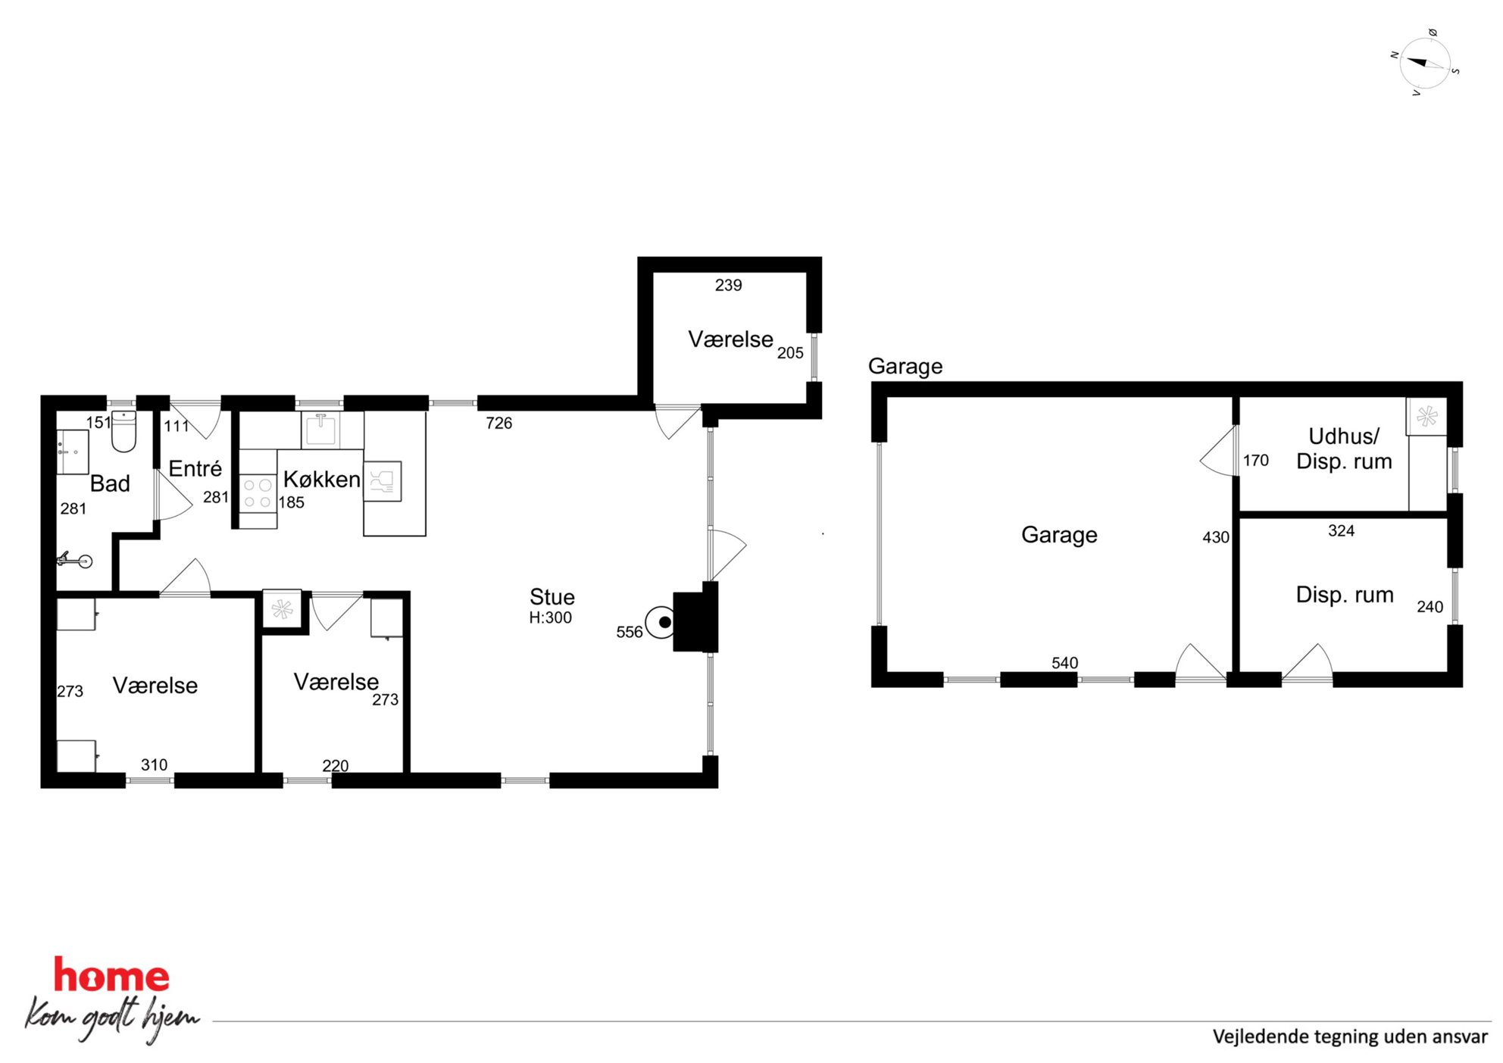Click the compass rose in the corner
tap(1425, 63)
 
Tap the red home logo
tap(111, 975)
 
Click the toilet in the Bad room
tap(123, 431)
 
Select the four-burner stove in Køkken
tap(258, 492)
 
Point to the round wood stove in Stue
tap(661, 622)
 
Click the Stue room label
tap(552, 596)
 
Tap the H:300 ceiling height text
tap(550, 617)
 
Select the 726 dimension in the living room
tap(498, 423)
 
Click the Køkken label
tap(321, 479)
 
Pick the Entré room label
tap(195, 468)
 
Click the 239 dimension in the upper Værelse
tap(728, 285)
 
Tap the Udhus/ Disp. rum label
tap(1344, 449)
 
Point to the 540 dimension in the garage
tap(1064, 662)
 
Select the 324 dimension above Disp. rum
tap(1341, 530)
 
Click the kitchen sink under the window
tap(321, 429)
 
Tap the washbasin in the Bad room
tap(73, 452)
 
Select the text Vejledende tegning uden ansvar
tap(1350, 1036)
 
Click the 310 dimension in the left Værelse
tap(154, 764)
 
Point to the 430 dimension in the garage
tap(1215, 537)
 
